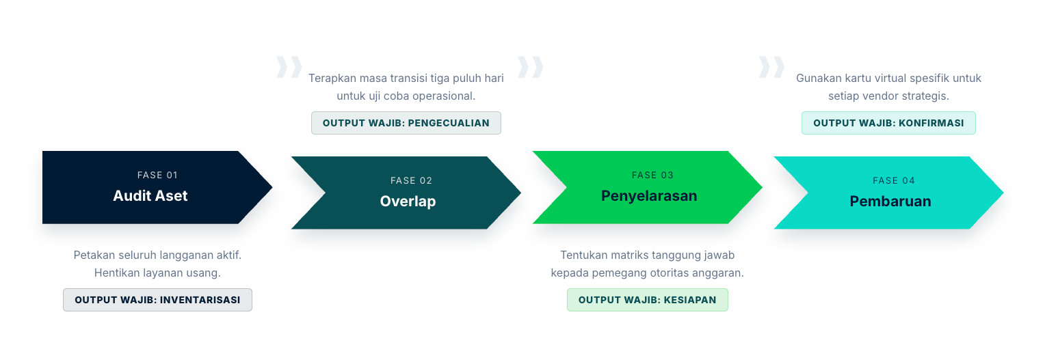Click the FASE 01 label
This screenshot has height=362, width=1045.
point(157,175)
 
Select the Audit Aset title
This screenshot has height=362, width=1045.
point(150,195)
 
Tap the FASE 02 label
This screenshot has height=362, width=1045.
point(411,181)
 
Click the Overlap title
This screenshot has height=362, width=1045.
point(408,201)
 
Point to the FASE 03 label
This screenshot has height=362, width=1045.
point(652,175)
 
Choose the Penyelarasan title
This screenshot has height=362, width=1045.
point(649,195)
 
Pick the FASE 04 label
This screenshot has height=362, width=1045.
point(893,181)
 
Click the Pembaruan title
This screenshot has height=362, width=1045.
point(890,201)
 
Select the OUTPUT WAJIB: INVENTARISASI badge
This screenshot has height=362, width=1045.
point(158,300)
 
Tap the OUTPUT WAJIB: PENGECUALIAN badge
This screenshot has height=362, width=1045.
point(406,123)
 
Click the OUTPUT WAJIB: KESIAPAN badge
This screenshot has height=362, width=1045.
point(647,300)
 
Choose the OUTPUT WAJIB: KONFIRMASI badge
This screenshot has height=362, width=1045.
point(888,123)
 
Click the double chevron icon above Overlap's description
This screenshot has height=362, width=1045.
point(289,67)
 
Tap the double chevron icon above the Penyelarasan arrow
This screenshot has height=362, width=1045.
point(530,67)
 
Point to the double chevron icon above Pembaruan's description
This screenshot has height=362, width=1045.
point(771,67)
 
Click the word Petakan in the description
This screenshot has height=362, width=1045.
point(94,255)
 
